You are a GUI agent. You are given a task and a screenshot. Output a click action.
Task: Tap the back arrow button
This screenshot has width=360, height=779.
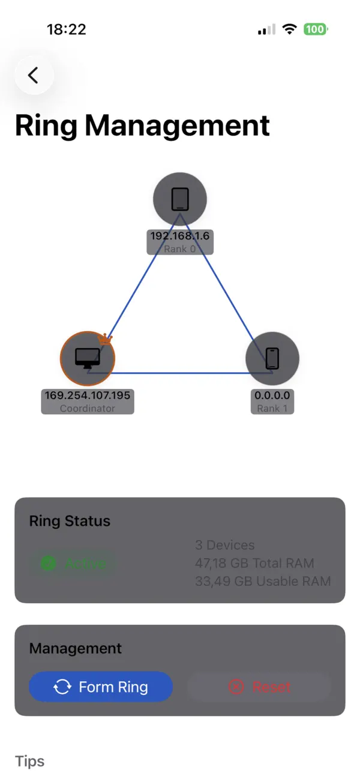click(x=34, y=75)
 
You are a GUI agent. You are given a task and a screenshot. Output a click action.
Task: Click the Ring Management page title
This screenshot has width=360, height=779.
click(x=142, y=125)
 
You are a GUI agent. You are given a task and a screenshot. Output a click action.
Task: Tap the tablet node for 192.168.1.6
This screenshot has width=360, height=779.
click(x=180, y=199)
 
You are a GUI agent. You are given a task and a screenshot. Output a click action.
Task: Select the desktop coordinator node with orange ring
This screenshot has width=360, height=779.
click(x=87, y=358)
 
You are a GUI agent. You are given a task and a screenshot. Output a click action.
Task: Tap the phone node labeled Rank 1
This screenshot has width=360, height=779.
click(x=272, y=358)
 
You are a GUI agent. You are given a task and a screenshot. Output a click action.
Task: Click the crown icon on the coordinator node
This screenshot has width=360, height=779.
click(x=106, y=339)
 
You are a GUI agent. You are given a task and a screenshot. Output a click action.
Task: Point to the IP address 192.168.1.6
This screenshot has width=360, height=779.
click(x=180, y=236)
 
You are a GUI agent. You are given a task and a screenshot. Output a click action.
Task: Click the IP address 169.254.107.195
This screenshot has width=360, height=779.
click(x=87, y=396)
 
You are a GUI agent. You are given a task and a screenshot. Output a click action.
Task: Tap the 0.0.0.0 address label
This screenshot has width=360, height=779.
click(x=272, y=396)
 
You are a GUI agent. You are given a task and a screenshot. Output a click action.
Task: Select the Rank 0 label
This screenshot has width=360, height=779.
click(x=180, y=248)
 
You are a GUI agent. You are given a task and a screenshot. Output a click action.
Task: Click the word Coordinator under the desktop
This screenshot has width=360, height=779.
click(x=87, y=408)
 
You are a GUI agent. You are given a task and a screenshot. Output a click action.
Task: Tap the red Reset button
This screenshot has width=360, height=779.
click(x=259, y=687)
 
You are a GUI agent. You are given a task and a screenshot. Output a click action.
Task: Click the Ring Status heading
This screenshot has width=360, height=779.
click(x=70, y=521)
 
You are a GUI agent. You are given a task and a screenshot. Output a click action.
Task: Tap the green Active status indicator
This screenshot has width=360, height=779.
click(x=73, y=564)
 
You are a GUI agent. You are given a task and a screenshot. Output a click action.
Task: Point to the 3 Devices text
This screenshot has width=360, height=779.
click(x=225, y=545)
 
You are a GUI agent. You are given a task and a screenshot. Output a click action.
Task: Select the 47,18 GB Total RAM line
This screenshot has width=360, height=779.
click(x=254, y=563)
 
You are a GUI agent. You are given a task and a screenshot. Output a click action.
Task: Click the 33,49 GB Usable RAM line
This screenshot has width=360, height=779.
click(x=263, y=581)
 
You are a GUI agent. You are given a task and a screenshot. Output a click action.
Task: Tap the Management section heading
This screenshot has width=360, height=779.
click(x=76, y=648)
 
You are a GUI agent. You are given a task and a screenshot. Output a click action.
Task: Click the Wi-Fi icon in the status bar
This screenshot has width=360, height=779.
click(x=290, y=29)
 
